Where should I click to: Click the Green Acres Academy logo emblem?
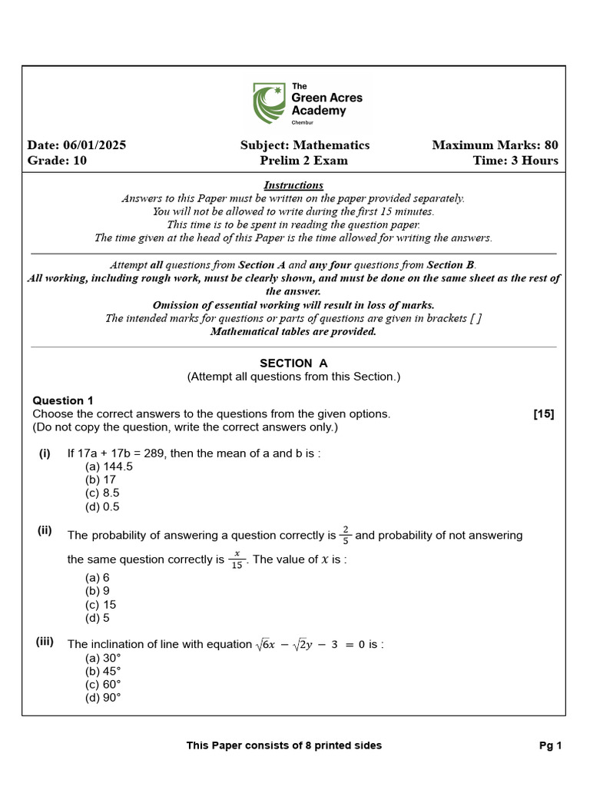tap(270, 104)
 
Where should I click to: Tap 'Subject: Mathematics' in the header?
tap(304, 145)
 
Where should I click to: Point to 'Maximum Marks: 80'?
tap(495, 145)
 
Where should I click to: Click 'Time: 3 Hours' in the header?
tap(515, 161)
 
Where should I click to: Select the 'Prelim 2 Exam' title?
tap(303, 161)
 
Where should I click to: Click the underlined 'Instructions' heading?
tap(293, 185)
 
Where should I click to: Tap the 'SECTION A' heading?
tap(293, 363)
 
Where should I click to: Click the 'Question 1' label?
tap(63, 400)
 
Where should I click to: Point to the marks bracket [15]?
tap(543, 414)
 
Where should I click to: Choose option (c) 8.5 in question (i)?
tap(102, 493)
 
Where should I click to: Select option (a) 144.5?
tap(108, 466)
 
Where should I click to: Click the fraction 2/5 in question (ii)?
tap(346, 534)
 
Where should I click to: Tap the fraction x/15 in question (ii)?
tap(237, 560)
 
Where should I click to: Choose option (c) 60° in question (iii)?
tap(103, 684)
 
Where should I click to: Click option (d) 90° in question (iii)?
tap(103, 698)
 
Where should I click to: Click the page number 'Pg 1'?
tap(551, 745)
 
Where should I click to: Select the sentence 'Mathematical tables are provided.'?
tap(293, 332)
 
